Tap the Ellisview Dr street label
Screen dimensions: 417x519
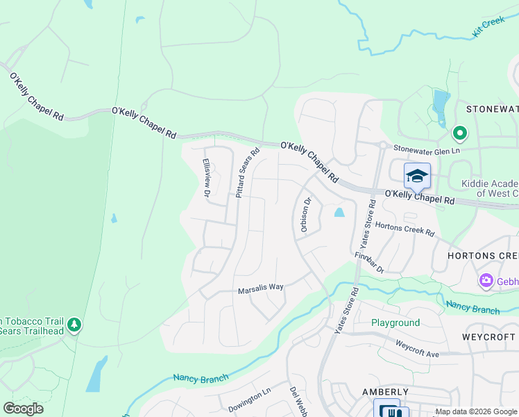coord(206,177)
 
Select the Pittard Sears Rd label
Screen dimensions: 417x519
coord(247,172)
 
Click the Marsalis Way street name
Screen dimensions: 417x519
coord(261,290)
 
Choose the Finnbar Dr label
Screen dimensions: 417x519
coord(369,263)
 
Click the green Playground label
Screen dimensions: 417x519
coord(395,323)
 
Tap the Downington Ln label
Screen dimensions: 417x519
coord(249,400)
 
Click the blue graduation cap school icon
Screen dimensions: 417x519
coord(417,177)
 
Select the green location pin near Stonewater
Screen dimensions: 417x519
coord(459,132)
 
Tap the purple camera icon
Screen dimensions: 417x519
coord(486,281)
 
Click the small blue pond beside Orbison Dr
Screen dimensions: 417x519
coord(339,213)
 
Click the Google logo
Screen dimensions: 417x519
coord(23,409)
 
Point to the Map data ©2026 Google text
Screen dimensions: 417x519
coord(475,411)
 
